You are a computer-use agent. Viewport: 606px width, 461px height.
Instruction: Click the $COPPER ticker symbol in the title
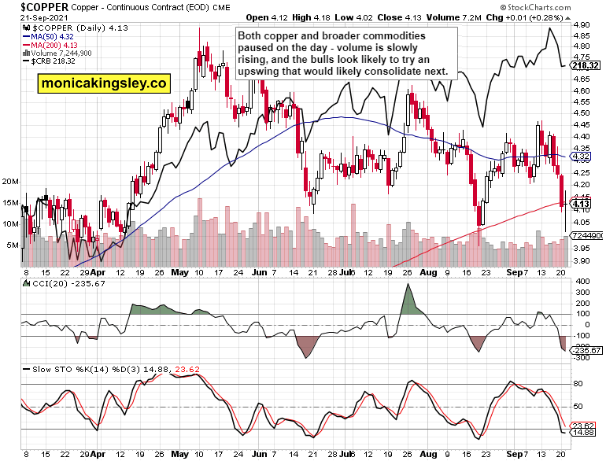pos(31,6)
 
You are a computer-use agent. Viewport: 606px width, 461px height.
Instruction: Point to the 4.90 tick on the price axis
pos(582,25)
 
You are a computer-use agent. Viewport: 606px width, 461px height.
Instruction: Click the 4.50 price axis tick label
pos(582,113)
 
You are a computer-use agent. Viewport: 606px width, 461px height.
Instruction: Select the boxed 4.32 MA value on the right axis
pos(582,157)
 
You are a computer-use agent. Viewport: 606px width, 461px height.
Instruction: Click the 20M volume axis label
pos(11,181)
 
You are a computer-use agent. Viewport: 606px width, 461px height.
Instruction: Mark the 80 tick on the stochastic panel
pos(577,384)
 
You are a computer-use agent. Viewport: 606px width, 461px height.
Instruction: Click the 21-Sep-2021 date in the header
pos(27,17)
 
